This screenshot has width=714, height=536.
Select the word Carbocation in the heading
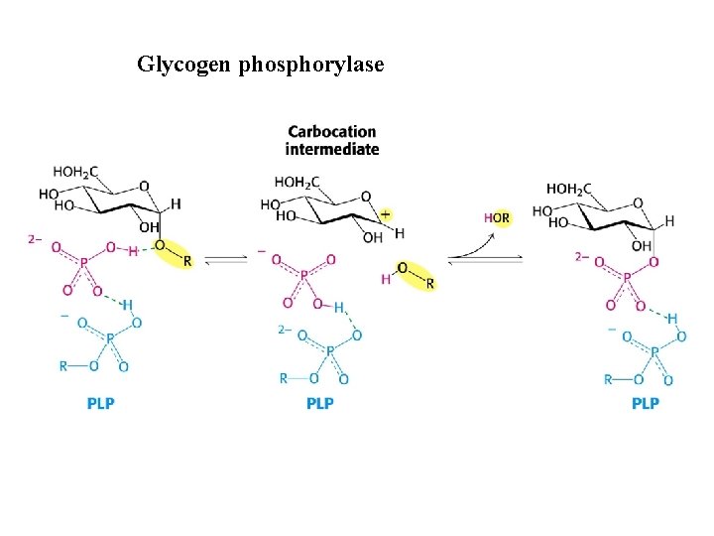(x=332, y=131)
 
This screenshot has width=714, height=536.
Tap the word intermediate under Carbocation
(x=332, y=149)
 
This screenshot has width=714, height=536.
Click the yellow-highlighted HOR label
(x=497, y=217)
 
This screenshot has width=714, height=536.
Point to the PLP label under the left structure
(x=100, y=403)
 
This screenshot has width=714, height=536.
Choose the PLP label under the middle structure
(x=319, y=403)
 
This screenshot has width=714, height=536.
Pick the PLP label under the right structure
(x=645, y=403)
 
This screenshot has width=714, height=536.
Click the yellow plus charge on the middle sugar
(x=385, y=213)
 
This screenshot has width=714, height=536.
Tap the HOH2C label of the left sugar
(x=75, y=172)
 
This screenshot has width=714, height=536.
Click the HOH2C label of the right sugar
(x=568, y=189)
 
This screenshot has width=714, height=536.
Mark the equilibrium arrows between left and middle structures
(x=227, y=259)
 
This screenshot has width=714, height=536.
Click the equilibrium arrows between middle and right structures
(x=485, y=259)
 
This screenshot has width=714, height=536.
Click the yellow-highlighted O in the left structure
(x=159, y=244)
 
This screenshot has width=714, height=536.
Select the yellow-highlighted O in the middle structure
(x=402, y=267)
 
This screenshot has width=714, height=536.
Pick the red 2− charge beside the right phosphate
(x=582, y=256)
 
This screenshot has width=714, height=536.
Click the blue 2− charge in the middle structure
(x=284, y=329)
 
